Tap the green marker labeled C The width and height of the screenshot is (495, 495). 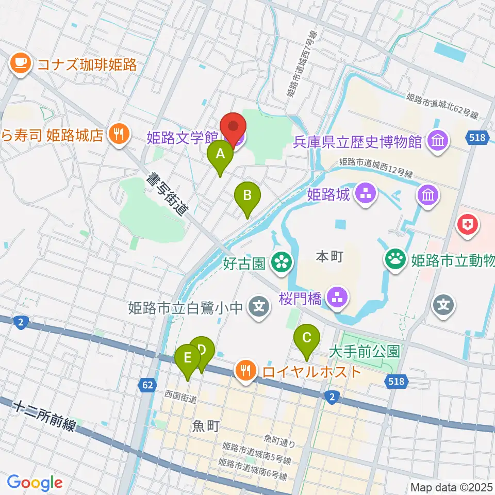[307, 339]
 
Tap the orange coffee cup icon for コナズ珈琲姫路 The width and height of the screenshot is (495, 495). [21, 63]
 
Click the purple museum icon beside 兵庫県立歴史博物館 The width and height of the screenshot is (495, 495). [438, 140]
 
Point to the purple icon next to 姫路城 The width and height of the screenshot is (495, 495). [366, 195]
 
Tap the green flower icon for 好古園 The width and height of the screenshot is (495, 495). [282, 263]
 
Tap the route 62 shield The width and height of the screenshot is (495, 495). [148, 385]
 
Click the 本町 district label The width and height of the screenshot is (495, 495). [328, 256]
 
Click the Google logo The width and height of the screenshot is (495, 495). [35, 483]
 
